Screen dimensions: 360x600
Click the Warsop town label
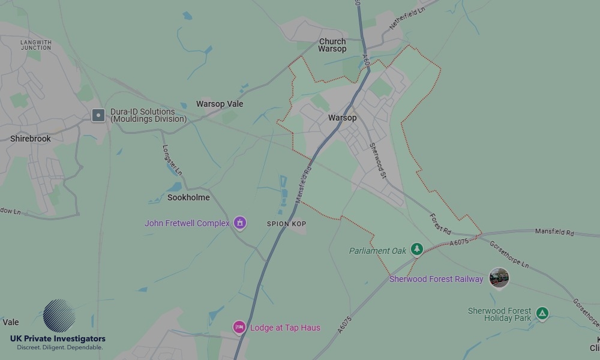click(342, 118)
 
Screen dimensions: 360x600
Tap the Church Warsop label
click(332, 45)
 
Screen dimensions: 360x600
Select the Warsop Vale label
click(220, 104)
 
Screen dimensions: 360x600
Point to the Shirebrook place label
click(31, 139)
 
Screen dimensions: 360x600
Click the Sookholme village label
click(188, 197)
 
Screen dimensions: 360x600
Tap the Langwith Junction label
click(36, 45)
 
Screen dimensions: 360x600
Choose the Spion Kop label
click(287, 224)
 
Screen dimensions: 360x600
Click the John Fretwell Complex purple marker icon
click(240, 223)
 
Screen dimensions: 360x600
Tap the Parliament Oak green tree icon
click(417, 249)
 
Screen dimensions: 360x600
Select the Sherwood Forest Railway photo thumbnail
click(499, 278)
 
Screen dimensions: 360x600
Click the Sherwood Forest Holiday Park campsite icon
click(542, 313)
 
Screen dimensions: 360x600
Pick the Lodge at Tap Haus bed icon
click(239, 328)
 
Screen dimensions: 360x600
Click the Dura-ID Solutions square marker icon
click(98, 115)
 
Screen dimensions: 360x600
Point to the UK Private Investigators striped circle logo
click(59, 316)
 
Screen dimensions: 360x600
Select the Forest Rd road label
click(440, 223)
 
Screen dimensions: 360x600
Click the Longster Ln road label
click(172, 160)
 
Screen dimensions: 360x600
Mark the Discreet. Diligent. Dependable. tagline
click(59, 347)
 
